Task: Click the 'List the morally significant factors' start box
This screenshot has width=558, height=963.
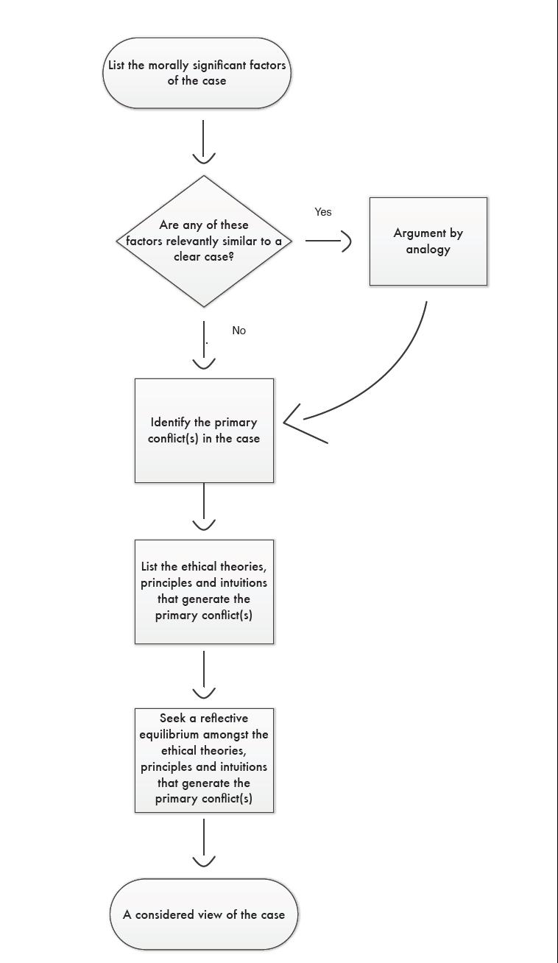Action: [197, 73]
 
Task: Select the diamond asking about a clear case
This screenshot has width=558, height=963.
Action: [203, 241]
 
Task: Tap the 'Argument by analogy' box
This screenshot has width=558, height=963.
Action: [428, 241]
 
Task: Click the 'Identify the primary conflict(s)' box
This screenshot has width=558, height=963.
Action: [204, 431]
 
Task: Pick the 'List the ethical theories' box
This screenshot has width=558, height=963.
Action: [204, 591]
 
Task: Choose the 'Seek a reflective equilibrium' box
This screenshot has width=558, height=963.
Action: [204, 760]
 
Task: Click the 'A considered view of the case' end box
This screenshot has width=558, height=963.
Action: [203, 914]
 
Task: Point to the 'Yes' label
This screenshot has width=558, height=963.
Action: [323, 212]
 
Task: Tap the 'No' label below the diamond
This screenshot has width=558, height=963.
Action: [239, 331]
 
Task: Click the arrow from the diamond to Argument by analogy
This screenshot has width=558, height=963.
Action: [328, 241]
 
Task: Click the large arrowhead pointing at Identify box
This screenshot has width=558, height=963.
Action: [298, 424]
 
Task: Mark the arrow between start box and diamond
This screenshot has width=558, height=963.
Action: [203, 141]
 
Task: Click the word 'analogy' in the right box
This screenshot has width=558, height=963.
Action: [428, 250]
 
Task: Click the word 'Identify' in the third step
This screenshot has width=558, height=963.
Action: [171, 423]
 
